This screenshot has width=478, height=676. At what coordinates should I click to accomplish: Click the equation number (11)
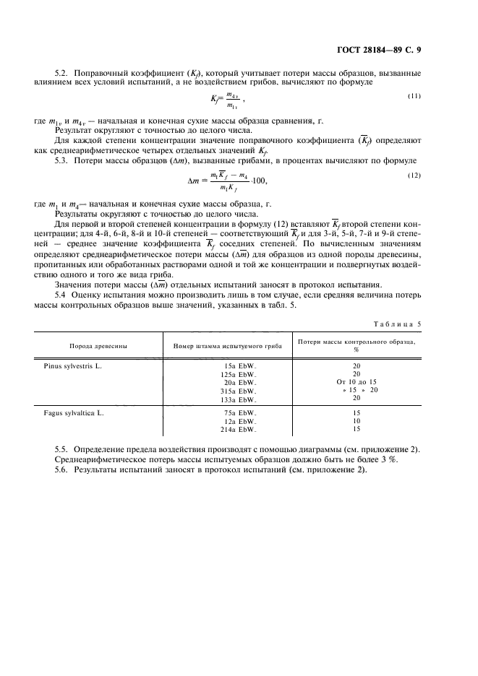pos(414,96)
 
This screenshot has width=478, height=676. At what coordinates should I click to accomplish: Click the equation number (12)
pos(414,175)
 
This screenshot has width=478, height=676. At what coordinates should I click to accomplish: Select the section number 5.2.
pos(62,74)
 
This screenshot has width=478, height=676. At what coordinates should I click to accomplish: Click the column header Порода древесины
pos(99,346)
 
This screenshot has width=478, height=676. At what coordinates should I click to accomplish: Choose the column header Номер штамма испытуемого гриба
pos(226,346)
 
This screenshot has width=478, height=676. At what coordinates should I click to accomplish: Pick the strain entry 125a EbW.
pos(239,374)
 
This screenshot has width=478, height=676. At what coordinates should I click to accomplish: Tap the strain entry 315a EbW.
pos(239,390)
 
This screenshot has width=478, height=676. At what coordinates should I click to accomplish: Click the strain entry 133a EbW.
pos(239,398)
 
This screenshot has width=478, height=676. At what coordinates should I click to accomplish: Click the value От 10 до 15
pos(357,382)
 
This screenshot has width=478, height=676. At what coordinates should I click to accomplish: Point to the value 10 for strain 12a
pos(357,421)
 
